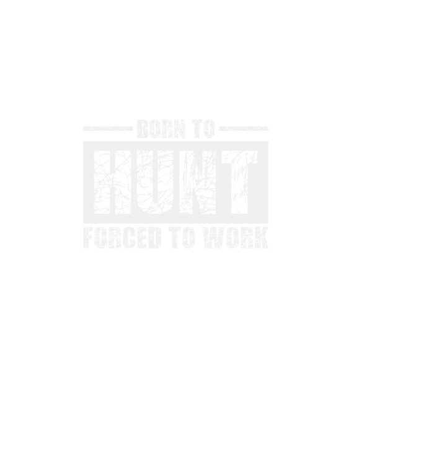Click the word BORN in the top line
pyautogui.click(x=161, y=128)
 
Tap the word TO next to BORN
pyautogui.click(x=203, y=128)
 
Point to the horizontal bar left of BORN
pyautogui.click(x=108, y=128)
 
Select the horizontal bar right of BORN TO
pyautogui.click(x=244, y=128)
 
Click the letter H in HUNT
pyautogui.click(x=112, y=182)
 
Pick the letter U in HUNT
pyautogui.click(x=154, y=182)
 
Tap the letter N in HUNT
pyautogui.click(x=198, y=182)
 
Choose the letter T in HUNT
pyautogui.click(x=240, y=182)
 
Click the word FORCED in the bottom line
pyautogui.click(x=122, y=237)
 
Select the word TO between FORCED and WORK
pyautogui.click(x=182, y=237)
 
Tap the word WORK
pyautogui.click(x=236, y=237)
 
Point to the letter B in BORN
pyautogui.click(x=143, y=128)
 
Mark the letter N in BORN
pyautogui.click(x=180, y=128)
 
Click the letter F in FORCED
pyautogui.click(x=88, y=237)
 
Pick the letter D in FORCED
pyautogui.click(x=156, y=237)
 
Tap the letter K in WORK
pyautogui.click(x=262, y=237)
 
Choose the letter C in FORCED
pyautogui.click(x=128, y=237)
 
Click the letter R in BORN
pyautogui.click(x=167, y=128)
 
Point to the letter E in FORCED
pyautogui.click(x=142, y=237)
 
